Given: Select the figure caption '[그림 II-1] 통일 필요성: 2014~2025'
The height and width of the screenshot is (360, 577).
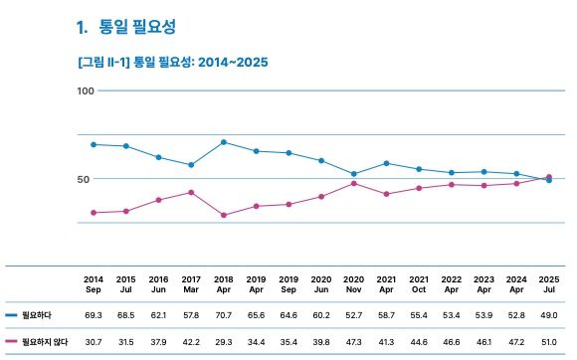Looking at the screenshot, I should [172, 62].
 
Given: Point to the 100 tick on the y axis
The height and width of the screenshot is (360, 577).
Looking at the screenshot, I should [85, 90].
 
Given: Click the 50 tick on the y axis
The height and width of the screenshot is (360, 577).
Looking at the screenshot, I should [87, 179].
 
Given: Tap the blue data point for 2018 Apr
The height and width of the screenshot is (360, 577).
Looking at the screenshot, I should [223, 142].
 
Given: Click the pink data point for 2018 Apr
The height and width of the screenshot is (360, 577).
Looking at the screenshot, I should [223, 215].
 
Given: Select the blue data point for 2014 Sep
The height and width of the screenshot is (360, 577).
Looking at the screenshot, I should [94, 144].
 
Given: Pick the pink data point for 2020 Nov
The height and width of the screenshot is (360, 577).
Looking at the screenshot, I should [353, 183].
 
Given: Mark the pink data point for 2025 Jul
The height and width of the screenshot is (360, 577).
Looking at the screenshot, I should [549, 177].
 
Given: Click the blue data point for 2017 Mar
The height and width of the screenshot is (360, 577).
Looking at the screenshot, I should [191, 165].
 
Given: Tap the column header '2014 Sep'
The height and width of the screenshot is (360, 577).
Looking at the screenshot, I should [94, 283].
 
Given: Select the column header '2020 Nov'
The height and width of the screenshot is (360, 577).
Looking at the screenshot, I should [353, 283].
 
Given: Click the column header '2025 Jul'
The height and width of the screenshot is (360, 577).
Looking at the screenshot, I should [548, 283].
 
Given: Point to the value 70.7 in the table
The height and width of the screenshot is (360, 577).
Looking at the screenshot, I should [223, 314].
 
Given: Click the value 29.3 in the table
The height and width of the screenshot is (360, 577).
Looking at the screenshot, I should [223, 341].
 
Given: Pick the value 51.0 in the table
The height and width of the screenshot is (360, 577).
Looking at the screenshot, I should [548, 341].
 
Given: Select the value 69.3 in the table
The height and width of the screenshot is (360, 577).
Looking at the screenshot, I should [94, 314].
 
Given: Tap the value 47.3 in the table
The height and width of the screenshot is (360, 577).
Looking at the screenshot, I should [353, 341].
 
